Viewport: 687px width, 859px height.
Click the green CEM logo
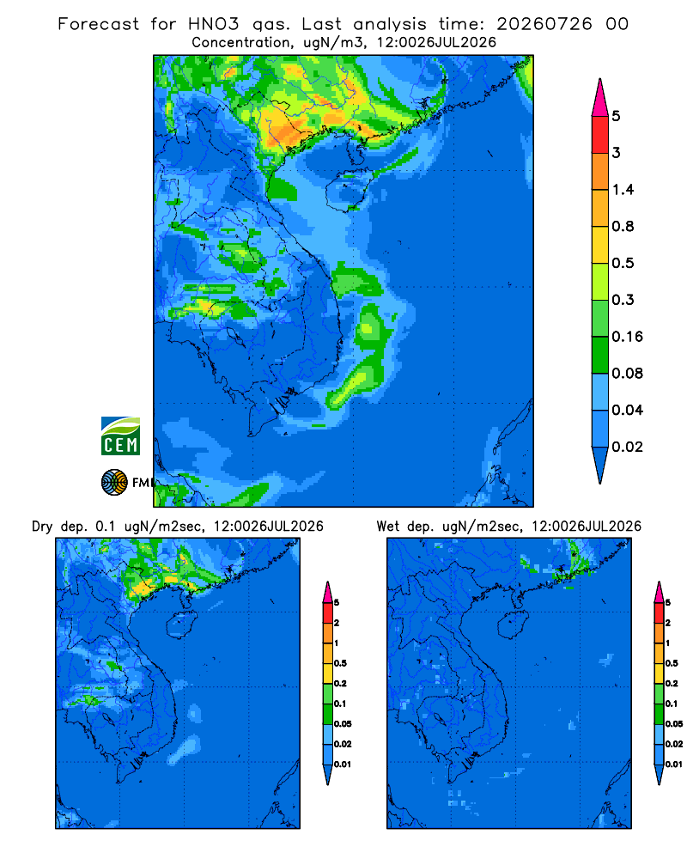(x=120, y=436)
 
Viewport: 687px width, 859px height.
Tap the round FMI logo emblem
(x=114, y=483)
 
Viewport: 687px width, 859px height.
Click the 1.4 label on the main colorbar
(x=623, y=190)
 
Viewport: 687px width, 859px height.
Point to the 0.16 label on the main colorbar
(x=627, y=337)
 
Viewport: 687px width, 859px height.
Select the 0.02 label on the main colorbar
(x=627, y=447)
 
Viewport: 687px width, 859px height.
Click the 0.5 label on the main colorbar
(x=623, y=263)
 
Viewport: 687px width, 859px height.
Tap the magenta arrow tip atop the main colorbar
(x=600, y=97)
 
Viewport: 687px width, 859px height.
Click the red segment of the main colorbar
(x=600, y=134)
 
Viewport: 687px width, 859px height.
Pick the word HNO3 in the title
(x=214, y=24)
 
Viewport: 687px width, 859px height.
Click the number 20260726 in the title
(x=544, y=24)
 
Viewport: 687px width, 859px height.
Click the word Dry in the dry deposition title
(x=42, y=527)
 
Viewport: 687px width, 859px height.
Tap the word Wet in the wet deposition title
(x=387, y=527)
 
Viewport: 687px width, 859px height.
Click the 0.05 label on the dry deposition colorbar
(x=343, y=723)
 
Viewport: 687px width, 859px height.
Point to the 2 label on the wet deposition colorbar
(x=668, y=623)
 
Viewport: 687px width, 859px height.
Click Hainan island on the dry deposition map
(x=181, y=624)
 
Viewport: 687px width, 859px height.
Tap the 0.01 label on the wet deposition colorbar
(x=674, y=765)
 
